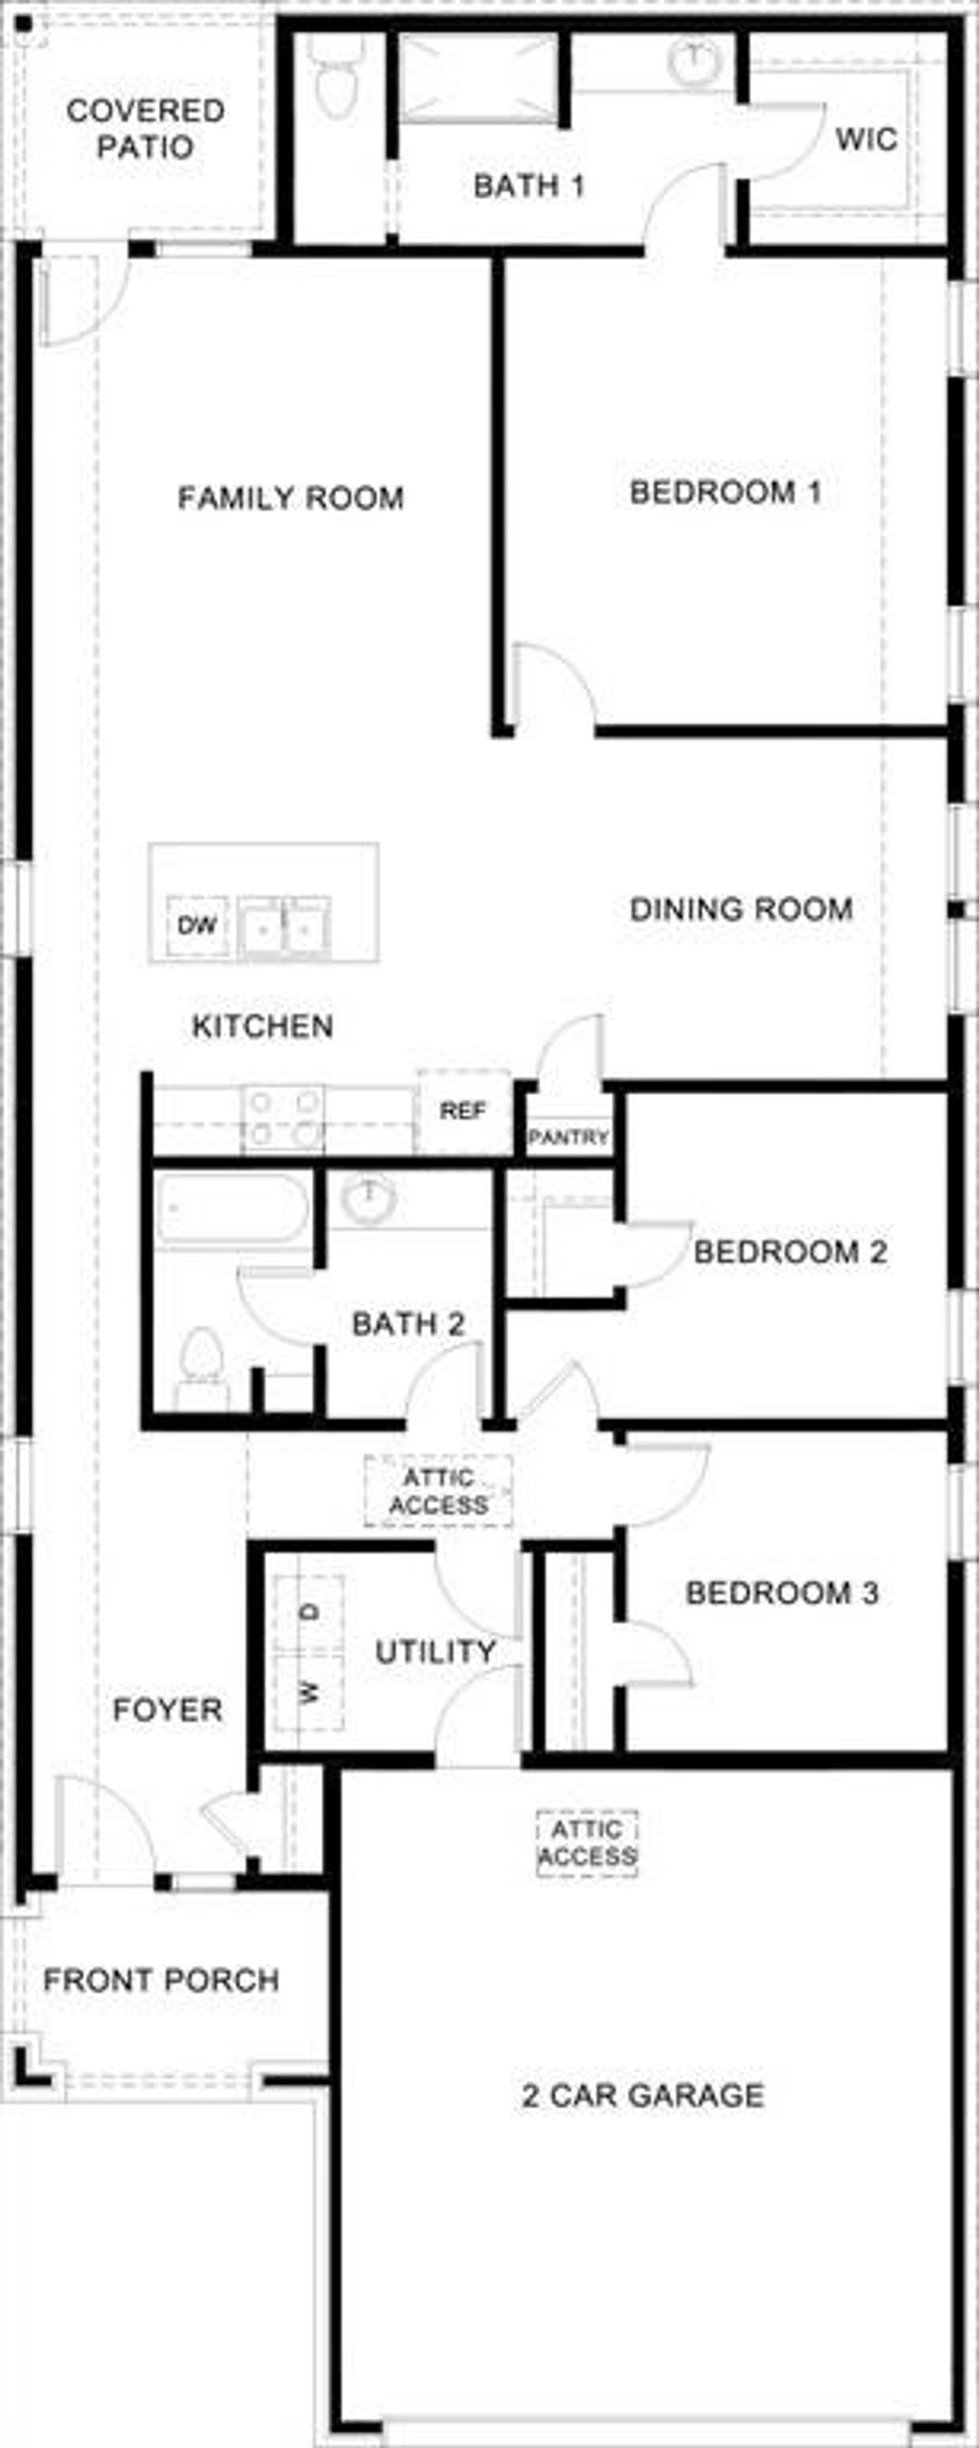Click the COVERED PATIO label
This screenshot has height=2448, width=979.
[145, 128]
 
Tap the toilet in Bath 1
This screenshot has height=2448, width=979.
[333, 83]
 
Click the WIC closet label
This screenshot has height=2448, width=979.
[866, 140]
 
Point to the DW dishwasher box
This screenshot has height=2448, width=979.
[197, 924]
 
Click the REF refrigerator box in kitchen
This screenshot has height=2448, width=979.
[463, 1111]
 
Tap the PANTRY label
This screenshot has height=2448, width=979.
[568, 1137]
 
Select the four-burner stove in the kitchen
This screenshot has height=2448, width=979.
[282, 1118]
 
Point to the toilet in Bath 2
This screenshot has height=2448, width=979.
[201, 1360]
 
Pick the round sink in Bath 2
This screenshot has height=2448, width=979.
[368, 1200]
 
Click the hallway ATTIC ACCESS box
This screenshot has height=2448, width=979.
[438, 1491]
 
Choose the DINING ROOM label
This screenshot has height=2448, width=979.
[740, 910]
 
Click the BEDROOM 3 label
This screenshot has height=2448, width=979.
[782, 1592]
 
